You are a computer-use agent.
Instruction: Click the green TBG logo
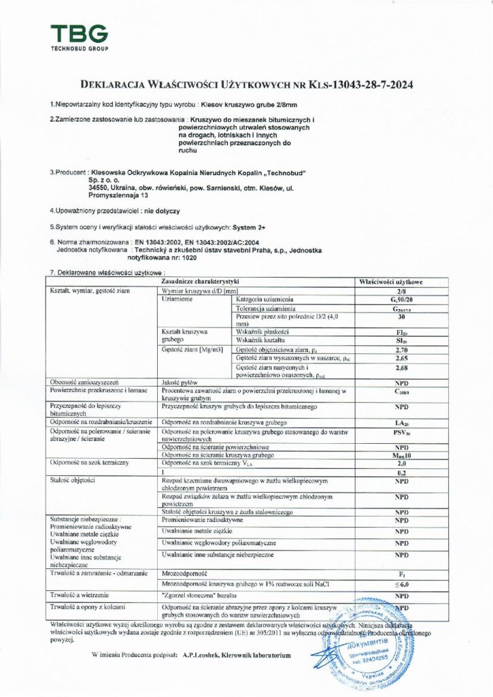tap(79, 35)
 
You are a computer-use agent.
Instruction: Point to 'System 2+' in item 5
tap(250, 226)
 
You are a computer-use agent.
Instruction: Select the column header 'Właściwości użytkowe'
tap(401, 280)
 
